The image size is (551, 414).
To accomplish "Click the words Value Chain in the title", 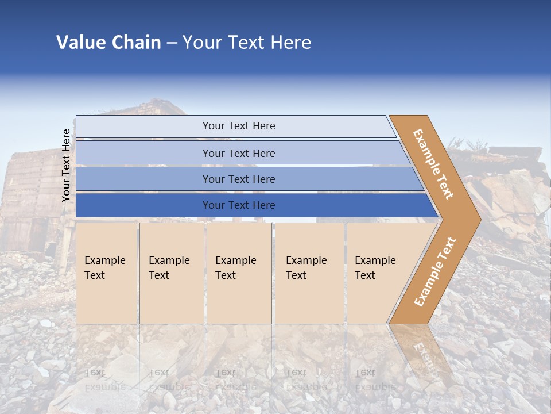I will pyautogui.click(x=108, y=43).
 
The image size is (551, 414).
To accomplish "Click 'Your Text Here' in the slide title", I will pyautogui.click(x=247, y=43).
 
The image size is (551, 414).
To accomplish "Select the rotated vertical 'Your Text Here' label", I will pyautogui.click(x=66, y=165).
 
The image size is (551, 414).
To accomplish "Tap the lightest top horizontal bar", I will pyautogui.click(x=143, y=126).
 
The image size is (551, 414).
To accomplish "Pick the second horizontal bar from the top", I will pyautogui.click(x=143, y=153).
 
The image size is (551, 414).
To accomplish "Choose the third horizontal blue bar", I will pyautogui.click(x=143, y=179).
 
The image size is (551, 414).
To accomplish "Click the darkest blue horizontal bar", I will pyautogui.click(x=143, y=205).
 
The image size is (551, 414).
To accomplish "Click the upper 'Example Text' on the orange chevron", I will pyautogui.click(x=433, y=164).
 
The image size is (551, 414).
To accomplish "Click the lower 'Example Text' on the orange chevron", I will pyautogui.click(x=434, y=271).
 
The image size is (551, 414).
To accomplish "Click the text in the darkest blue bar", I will pyautogui.click(x=239, y=205).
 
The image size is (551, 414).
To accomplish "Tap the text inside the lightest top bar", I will pyautogui.click(x=239, y=126).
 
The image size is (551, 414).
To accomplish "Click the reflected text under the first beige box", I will pyautogui.click(x=105, y=379).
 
